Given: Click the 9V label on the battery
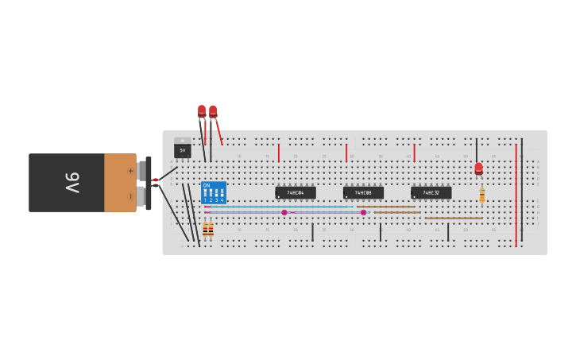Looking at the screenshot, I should click(x=72, y=183).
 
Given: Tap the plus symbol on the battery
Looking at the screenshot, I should click(x=131, y=170).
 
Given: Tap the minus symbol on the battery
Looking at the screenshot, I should click(x=131, y=195).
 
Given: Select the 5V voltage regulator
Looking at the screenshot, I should click(x=182, y=148).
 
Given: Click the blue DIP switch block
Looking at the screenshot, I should click(x=213, y=193).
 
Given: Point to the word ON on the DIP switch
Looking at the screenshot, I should click(x=207, y=186).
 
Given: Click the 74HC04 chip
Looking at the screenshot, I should click(x=296, y=192).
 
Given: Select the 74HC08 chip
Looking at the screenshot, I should click(x=363, y=192).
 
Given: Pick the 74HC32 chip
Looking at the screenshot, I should click(x=431, y=192).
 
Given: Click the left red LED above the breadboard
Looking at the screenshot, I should click(x=202, y=111).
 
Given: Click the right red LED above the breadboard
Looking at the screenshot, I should click(x=213, y=111).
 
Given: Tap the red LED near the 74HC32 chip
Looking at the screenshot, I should click(x=478, y=168).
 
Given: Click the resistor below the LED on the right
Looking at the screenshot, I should click(x=481, y=195).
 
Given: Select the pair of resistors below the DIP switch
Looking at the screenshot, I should click(x=207, y=229).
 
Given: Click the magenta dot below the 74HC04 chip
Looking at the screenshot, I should click(x=284, y=212).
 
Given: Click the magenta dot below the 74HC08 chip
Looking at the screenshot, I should click(x=364, y=212).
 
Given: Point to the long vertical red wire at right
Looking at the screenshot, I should click(x=516, y=195).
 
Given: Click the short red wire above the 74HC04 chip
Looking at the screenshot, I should click(x=278, y=153).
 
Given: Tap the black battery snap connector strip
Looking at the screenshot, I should click(x=149, y=183).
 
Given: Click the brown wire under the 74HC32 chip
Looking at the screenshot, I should click(x=453, y=218).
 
